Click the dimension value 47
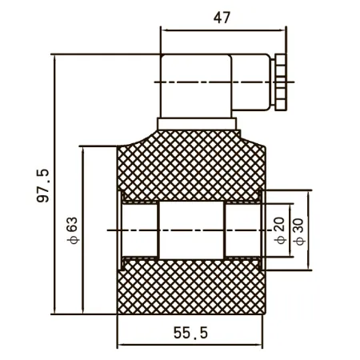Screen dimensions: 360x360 pyautogui.click(x=222, y=18)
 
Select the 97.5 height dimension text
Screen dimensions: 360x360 pyautogui.click(x=43, y=186)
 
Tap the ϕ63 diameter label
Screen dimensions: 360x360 pyautogui.click(x=72, y=230)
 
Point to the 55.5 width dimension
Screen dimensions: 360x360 pyautogui.click(x=190, y=333)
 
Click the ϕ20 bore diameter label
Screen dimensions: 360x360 pyautogui.click(x=280, y=230)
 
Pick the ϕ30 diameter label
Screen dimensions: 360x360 pyautogui.click(x=298, y=231)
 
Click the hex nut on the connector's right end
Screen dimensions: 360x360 pyautogui.click(x=281, y=82)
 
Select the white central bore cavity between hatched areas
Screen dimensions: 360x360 pyautogui.click(x=191, y=230)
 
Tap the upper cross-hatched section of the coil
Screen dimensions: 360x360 pyautogui.click(x=191, y=166)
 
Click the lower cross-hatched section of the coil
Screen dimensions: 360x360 pyautogui.click(x=191, y=286)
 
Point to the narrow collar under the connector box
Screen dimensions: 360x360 pyautogui.click(x=197, y=124)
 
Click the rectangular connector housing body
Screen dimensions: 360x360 pyautogui.click(x=196, y=86)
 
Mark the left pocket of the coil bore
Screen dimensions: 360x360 pyautogui.click(x=139, y=230)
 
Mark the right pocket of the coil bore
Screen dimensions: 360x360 pyautogui.click(x=243, y=230)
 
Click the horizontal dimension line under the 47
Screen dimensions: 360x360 pyautogui.click(x=223, y=30)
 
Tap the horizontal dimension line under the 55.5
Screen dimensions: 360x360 pyautogui.click(x=190, y=345)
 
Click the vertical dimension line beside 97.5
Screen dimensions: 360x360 pyautogui.click(x=54, y=184)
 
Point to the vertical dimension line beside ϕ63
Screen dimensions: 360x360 pyautogui.click(x=83, y=230)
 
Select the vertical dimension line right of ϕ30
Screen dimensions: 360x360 pyautogui.click(x=309, y=230)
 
